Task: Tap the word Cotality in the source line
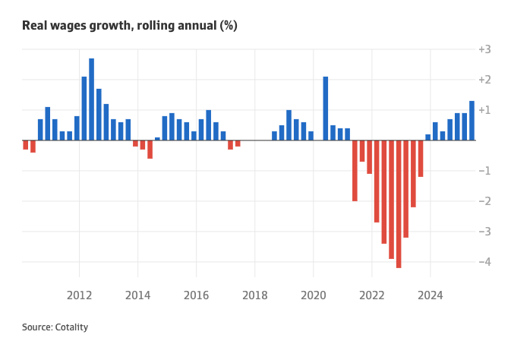[71, 327]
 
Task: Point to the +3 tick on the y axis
[484, 49]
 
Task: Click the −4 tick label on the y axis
[484, 262]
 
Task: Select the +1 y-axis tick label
[484, 110]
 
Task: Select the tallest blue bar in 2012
[92, 99]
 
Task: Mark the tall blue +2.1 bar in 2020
[326, 109]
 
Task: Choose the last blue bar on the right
[472, 121]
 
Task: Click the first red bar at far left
[26, 145]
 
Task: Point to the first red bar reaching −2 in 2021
[355, 171]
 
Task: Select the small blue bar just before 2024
[428, 137]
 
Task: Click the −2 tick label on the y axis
[484, 201]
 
